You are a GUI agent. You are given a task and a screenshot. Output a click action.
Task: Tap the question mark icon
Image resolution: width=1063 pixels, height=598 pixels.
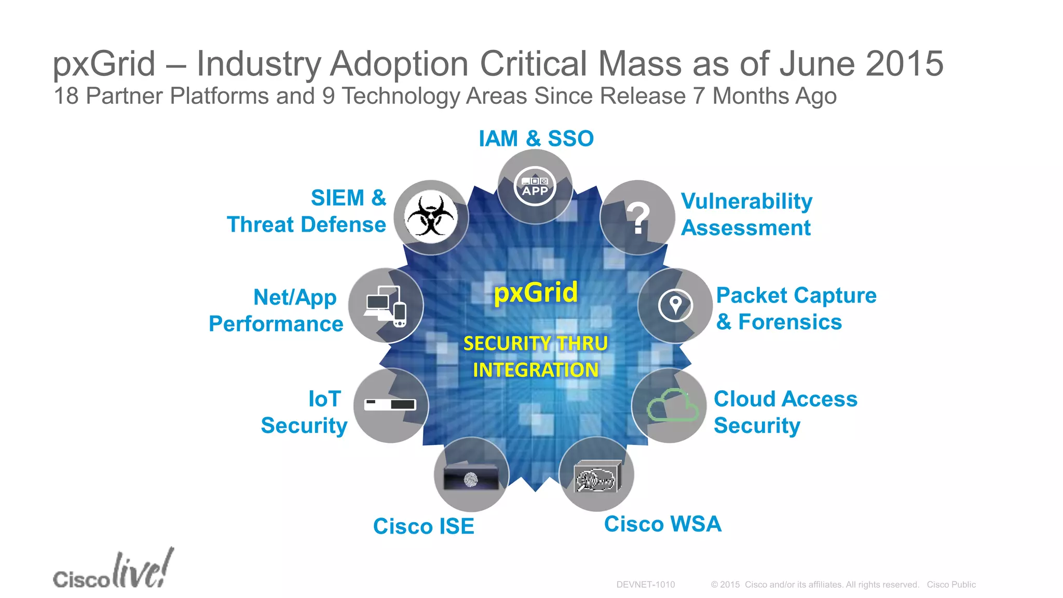pos(638,218)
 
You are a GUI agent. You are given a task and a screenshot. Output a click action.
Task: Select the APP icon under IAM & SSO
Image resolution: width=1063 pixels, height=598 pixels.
pos(535,186)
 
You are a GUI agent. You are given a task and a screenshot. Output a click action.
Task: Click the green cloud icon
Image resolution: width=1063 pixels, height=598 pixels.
pos(672,405)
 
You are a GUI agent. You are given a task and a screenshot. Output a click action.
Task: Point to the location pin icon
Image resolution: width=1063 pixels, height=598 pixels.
pos(675,305)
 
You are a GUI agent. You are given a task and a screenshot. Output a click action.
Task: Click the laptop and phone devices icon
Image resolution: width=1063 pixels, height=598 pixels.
pos(385,306)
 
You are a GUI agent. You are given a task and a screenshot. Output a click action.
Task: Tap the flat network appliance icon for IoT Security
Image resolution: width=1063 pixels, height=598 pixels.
pos(390,404)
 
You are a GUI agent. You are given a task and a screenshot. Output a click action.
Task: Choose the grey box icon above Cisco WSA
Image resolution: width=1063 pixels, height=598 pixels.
pos(597,477)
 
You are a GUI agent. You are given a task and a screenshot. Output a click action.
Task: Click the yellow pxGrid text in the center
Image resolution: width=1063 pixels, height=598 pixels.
pos(535,292)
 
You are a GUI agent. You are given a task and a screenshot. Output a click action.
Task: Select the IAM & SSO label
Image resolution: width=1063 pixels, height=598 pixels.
pos(536,139)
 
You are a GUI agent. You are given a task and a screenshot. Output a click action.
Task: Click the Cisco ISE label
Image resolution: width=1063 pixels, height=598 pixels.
pos(424,526)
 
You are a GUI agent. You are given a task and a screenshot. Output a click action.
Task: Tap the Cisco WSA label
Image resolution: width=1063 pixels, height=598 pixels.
pos(662,524)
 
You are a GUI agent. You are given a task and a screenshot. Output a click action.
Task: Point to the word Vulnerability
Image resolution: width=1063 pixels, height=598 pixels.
pos(746,201)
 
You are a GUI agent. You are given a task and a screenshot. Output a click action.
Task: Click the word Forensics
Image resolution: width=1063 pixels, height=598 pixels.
pos(789,322)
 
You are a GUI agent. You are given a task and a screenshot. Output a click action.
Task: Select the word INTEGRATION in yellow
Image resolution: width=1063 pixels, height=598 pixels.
pos(536,370)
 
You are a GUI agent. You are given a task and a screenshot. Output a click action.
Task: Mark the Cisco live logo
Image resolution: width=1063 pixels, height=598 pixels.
pos(113,570)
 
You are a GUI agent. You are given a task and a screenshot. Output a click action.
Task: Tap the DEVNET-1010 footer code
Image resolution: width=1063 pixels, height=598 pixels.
pos(645,585)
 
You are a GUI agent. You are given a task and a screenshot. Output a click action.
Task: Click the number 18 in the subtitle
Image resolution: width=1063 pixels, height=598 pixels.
pos(66,96)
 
